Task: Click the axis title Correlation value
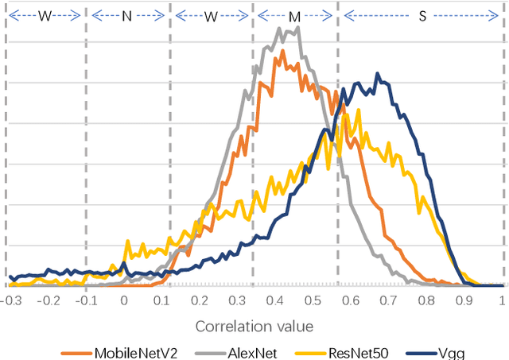[254, 326]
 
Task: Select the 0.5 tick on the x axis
[313, 301]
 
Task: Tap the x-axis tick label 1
[502, 301]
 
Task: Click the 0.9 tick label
[464, 301]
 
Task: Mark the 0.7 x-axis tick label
[388, 301]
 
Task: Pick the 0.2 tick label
[199, 301]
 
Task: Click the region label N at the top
[126, 15]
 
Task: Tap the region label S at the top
[422, 15]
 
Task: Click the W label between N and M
[211, 15]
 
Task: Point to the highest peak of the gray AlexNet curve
[297, 28]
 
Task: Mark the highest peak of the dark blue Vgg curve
[378, 74]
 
